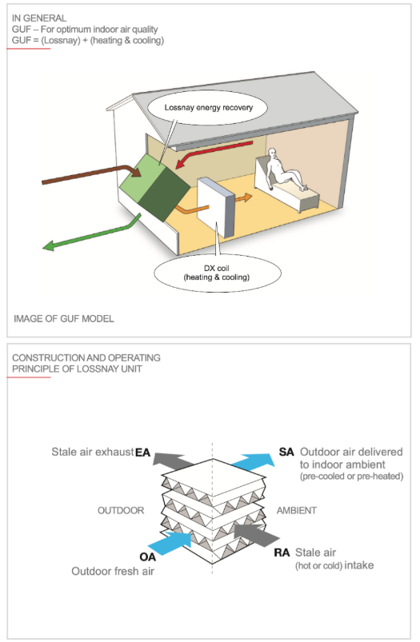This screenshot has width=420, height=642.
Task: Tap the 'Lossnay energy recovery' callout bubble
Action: (x=207, y=107)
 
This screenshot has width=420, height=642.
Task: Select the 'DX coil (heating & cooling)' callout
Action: (x=217, y=273)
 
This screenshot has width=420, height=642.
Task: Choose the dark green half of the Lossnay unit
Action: (x=165, y=193)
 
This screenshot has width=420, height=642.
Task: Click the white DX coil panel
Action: (x=216, y=207)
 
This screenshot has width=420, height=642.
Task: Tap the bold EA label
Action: (x=143, y=453)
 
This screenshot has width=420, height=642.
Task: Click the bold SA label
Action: (x=286, y=452)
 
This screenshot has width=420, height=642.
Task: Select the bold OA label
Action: (x=147, y=557)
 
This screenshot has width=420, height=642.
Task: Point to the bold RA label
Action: (x=282, y=552)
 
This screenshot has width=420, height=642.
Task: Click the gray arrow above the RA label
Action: (x=257, y=534)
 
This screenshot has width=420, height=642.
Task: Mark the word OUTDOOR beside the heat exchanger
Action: (x=121, y=511)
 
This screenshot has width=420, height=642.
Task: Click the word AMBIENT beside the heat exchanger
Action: (x=297, y=511)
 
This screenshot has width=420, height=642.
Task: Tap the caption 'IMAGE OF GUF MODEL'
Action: (x=64, y=318)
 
